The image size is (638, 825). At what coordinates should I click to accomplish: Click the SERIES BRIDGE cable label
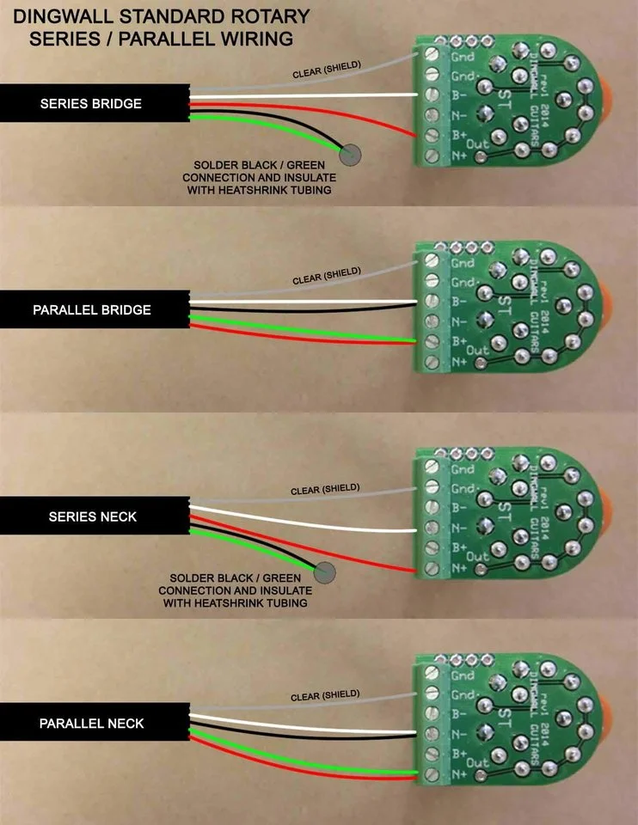point(90,104)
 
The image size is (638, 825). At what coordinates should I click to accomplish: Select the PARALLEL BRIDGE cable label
point(91,309)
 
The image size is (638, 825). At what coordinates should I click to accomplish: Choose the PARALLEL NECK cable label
point(91,724)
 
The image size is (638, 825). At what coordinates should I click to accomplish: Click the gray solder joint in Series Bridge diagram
point(350,155)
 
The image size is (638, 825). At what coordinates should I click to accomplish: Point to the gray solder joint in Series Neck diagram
point(326,571)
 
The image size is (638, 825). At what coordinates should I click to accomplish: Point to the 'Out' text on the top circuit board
point(477,144)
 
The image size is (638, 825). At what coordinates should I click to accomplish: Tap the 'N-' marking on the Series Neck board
point(461,527)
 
